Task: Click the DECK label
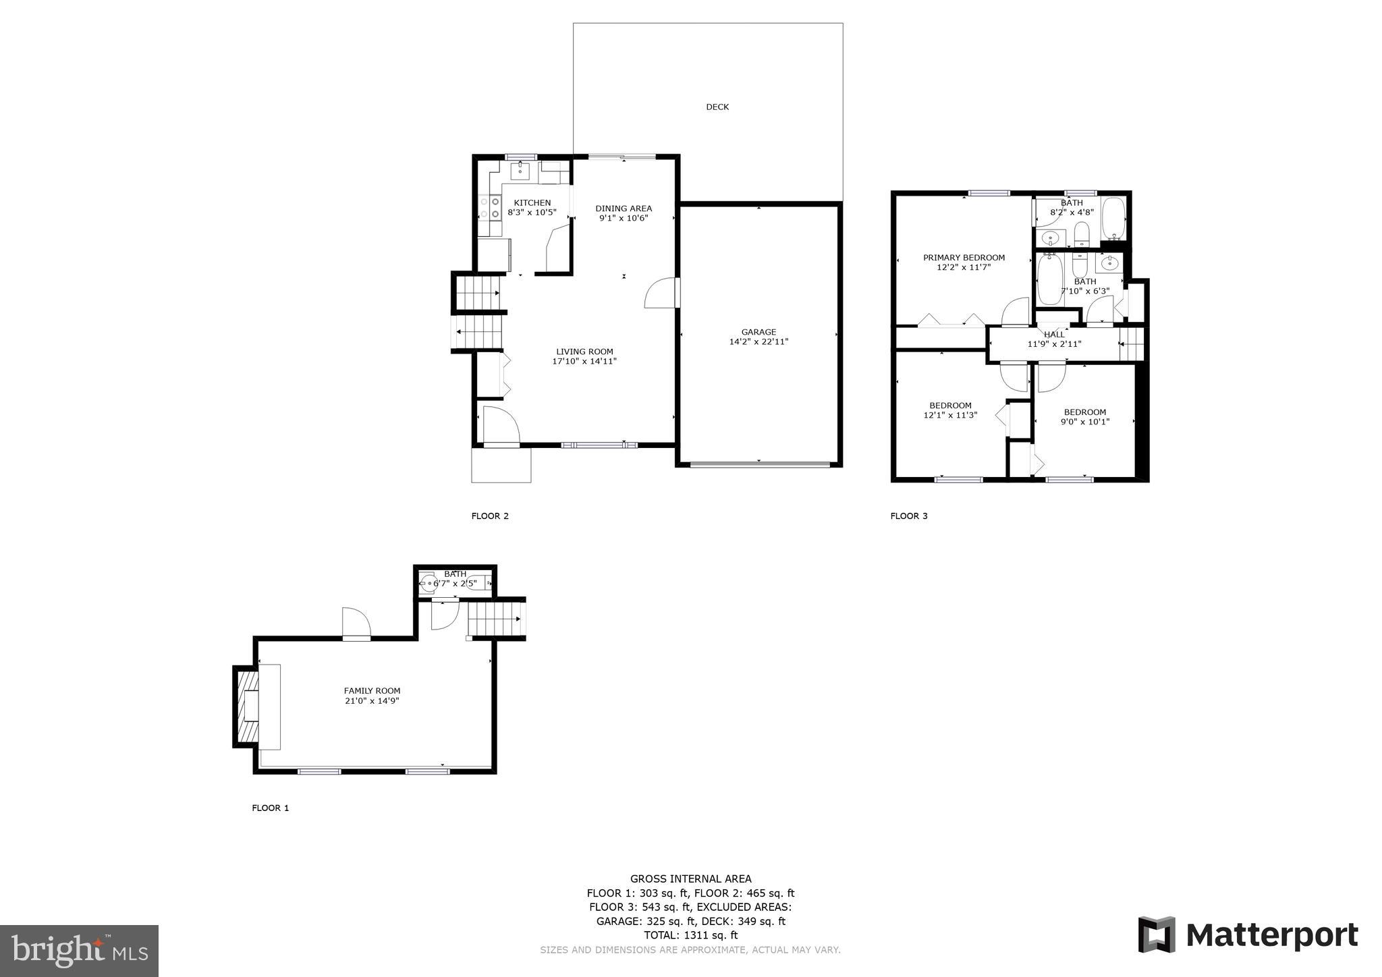click(717, 107)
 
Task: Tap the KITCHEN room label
click(532, 202)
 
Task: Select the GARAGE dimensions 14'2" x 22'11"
click(758, 342)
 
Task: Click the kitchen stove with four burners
click(489, 206)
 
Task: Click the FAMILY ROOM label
click(372, 691)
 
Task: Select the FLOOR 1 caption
click(270, 808)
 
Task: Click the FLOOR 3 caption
click(908, 516)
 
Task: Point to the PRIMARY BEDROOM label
click(963, 258)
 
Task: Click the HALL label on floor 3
click(1054, 335)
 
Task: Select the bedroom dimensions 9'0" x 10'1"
click(1084, 422)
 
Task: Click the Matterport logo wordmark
click(1271, 936)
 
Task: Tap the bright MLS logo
click(79, 951)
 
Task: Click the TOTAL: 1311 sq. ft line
click(690, 935)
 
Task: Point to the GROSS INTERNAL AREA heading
click(690, 878)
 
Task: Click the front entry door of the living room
click(501, 424)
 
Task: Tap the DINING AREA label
click(623, 208)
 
